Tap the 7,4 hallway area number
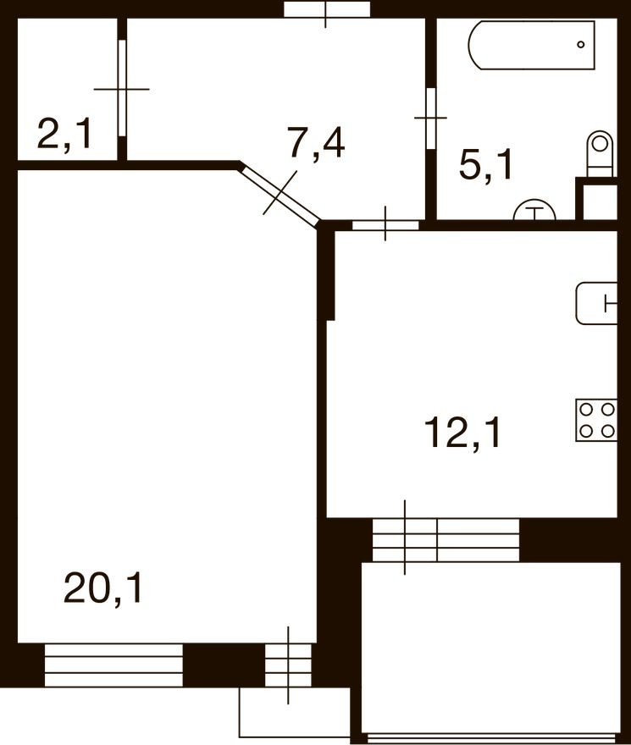tap(315, 144)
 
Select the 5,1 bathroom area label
tap(485, 165)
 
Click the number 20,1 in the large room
tap(104, 588)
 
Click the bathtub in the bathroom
tap(532, 46)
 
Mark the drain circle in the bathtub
tap(581, 44)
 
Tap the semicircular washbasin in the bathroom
tap(534, 211)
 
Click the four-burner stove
tap(596, 420)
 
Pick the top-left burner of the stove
tap(586, 410)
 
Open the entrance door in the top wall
tap(327, 9)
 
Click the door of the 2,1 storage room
tap(122, 87)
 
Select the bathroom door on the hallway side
tap(430, 118)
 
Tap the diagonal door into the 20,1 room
tap(280, 193)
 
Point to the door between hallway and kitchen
tap(385, 224)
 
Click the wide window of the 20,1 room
tap(113, 665)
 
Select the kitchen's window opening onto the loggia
tap(446, 538)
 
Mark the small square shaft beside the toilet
tap(596, 199)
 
